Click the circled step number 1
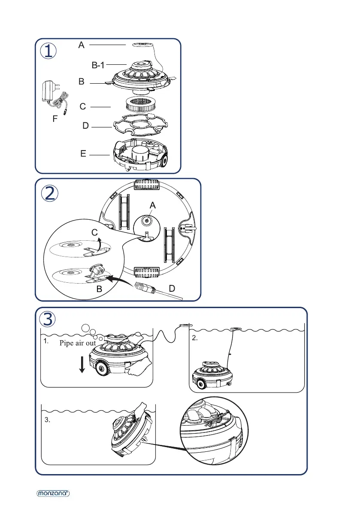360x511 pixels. click(48, 51)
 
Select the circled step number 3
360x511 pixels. click(48, 320)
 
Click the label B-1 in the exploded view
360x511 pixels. click(98, 65)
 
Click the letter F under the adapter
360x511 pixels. click(54, 120)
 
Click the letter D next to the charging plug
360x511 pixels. click(172, 290)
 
